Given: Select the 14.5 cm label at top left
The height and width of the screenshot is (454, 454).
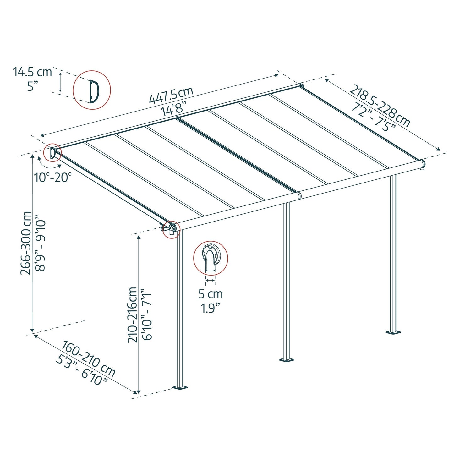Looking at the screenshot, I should tap(32, 72).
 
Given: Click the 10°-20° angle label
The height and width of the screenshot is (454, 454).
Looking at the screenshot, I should tap(53, 178).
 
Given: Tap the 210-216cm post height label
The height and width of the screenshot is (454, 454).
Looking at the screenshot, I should tap(133, 314).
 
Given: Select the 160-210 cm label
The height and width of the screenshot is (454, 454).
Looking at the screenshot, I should tap(88, 358).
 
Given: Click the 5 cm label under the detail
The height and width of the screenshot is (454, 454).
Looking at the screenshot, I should tap(210, 294).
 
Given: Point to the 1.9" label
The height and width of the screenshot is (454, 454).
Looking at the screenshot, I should tap(210, 309).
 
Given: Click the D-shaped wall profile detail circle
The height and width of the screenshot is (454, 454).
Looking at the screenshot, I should tap(92, 90).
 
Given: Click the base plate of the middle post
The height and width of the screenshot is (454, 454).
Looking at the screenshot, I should tap(287, 360).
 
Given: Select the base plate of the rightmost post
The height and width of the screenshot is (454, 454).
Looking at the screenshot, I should tap(393, 332).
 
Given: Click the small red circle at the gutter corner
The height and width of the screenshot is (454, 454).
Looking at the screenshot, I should tap(171, 230).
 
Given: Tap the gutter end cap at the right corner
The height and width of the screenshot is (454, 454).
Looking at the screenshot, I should tap(423, 164).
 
